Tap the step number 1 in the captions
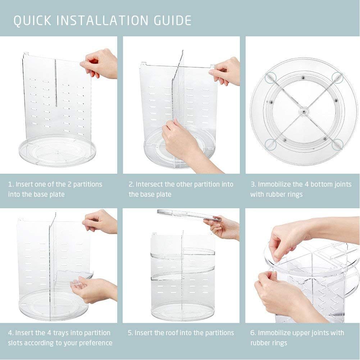[x=10, y=184]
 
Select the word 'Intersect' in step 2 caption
[x=149, y=184]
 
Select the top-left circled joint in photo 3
[x=270, y=77]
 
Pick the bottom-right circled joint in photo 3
[x=336, y=144]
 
